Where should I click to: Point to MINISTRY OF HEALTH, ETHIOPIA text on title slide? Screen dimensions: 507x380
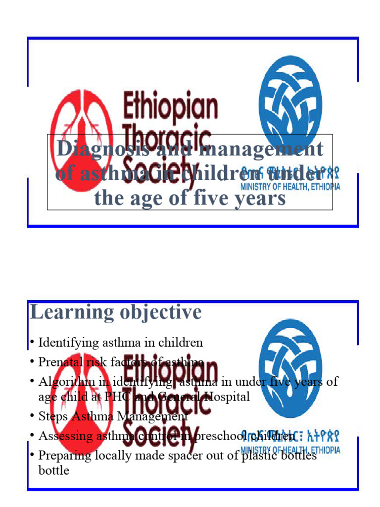tap(290, 187)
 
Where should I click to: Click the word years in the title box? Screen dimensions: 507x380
tap(259, 199)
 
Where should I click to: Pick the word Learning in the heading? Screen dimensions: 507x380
tap(68, 312)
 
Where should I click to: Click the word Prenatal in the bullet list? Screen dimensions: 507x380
tap(58, 362)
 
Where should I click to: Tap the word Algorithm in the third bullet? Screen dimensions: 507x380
tap(61, 382)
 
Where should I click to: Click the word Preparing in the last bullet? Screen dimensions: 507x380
tap(61, 456)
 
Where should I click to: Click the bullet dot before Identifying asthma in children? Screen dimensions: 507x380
tap(32, 342)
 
